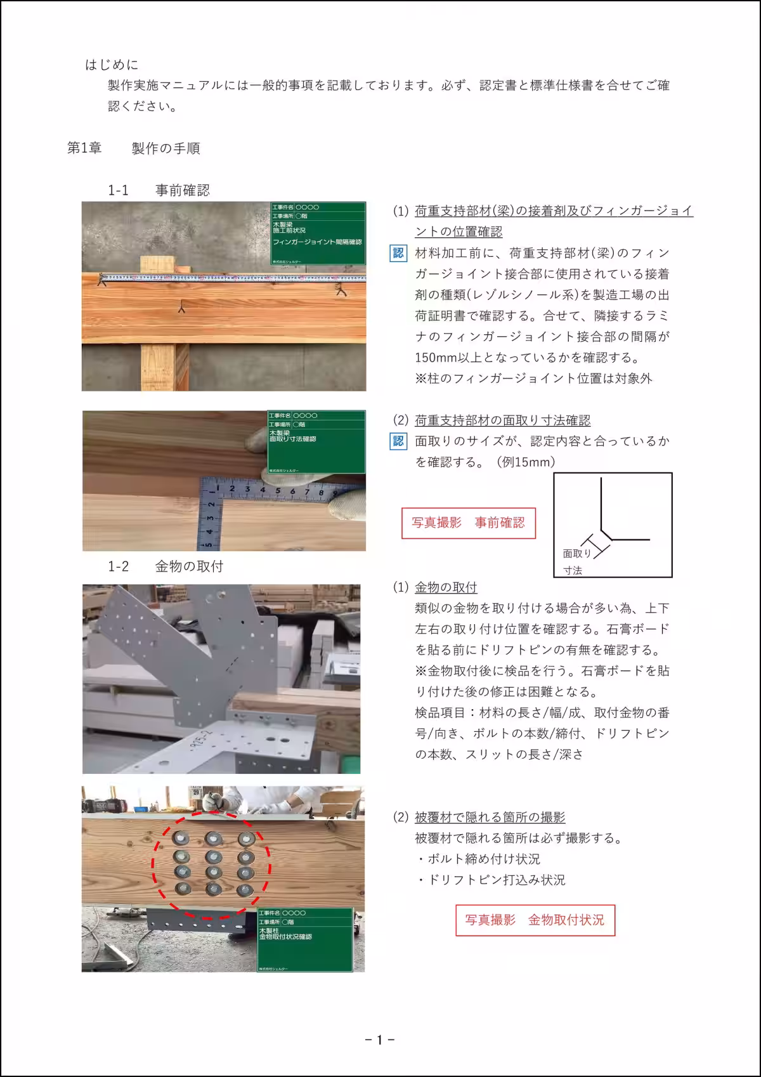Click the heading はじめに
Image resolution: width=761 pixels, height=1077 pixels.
[x=112, y=65]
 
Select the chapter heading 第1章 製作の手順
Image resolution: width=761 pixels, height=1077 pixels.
[x=134, y=148]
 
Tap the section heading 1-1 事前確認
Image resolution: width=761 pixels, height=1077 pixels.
[x=159, y=190]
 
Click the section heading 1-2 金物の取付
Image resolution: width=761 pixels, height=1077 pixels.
[x=166, y=566]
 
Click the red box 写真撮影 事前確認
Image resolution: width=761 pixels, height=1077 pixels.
[x=469, y=523]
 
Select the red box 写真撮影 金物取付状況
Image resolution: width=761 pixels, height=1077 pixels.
[x=535, y=920]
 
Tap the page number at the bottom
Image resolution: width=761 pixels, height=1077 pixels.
[x=380, y=1040]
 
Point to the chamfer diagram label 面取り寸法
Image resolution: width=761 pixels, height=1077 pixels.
[x=576, y=561]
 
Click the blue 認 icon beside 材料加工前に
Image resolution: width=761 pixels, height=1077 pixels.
[x=398, y=254]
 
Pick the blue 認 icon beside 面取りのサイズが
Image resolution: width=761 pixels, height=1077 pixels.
[x=398, y=441]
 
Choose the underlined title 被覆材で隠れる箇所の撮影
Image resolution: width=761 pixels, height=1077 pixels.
[x=490, y=818]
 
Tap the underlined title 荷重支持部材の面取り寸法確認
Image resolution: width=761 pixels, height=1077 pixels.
[x=502, y=421]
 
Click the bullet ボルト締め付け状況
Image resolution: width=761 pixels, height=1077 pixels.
[x=479, y=859]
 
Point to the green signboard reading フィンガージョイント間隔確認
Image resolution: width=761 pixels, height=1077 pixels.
[x=318, y=233]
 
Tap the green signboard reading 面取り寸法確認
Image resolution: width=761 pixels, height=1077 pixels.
[x=316, y=441]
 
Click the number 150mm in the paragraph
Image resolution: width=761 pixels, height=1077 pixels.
[x=433, y=358]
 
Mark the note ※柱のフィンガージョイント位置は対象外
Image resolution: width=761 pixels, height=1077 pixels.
[x=533, y=379]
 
